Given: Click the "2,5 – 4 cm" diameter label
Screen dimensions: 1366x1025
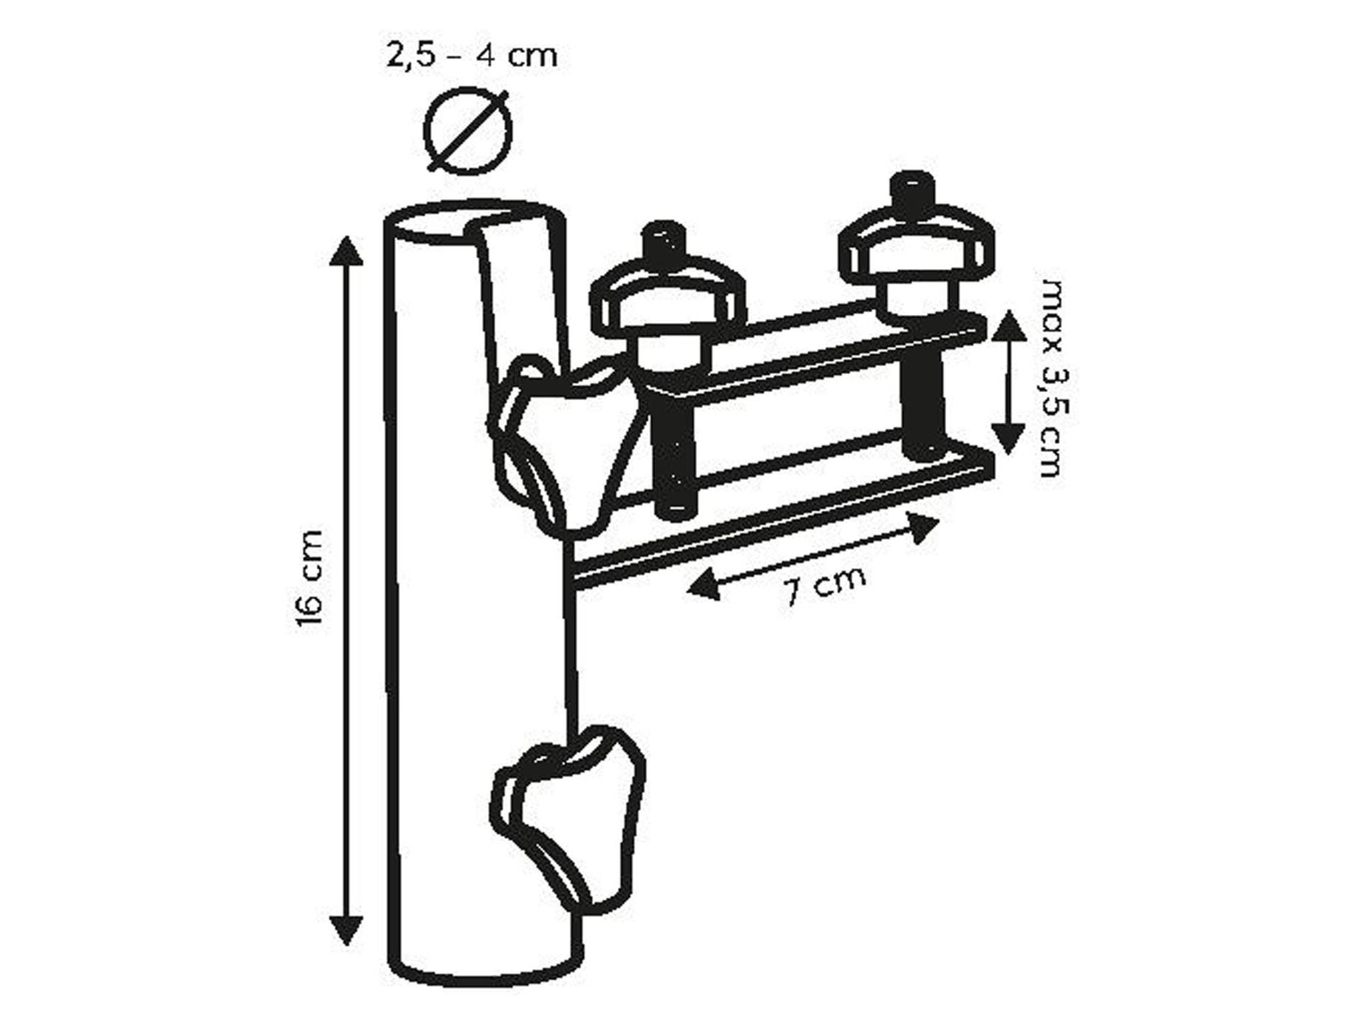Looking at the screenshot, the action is pyautogui.click(x=471, y=55).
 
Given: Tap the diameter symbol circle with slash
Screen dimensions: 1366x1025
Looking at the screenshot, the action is pyautogui.click(x=468, y=132).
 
